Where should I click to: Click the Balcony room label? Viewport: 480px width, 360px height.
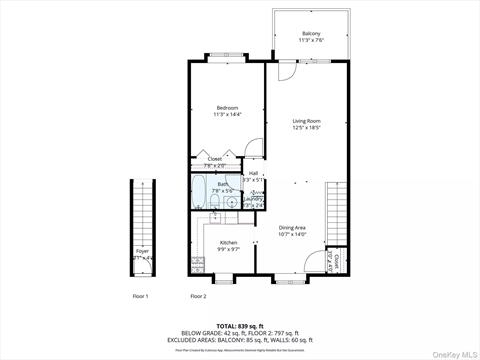(310, 38)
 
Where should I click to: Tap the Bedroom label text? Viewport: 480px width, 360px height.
(226, 111)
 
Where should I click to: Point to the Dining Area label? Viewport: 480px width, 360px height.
(292, 231)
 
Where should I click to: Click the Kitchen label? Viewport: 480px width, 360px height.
(228, 246)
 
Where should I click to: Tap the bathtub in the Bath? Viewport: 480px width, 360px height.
(199, 189)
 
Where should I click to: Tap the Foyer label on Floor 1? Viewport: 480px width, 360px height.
(142, 254)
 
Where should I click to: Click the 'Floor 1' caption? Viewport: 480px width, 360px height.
(140, 297)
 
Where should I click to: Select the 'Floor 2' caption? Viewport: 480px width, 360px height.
(198, 297)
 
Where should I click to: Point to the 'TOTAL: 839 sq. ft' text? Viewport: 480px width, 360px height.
(239, 327)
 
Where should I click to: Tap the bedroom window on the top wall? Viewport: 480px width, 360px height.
(222, 60)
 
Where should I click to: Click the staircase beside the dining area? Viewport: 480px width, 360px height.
(338, 215)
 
